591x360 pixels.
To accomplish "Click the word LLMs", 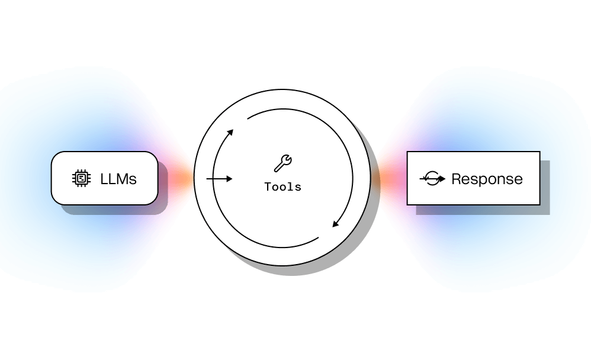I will tap(118, 178).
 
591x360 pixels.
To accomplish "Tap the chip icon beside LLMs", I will tap(81, 178).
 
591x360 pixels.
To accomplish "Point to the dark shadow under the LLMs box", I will tap(118, 209).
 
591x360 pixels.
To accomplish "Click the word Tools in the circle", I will tap(282, 187).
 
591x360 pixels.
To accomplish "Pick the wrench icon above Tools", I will tap(282, 163).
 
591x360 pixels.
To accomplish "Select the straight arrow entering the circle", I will tap(219, 178).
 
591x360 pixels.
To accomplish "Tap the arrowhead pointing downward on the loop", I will tap(335, 224).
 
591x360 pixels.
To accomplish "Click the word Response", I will tap(487, 179).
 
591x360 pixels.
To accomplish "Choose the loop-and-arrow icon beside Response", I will tap(433, 179).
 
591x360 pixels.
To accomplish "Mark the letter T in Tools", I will tap(268, 187).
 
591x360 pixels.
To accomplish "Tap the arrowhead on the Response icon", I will tap(442, 179).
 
